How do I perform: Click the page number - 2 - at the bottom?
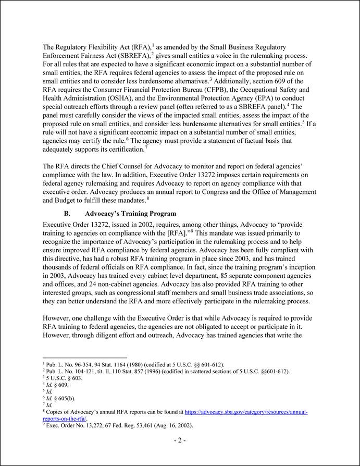[x=180, y=440]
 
